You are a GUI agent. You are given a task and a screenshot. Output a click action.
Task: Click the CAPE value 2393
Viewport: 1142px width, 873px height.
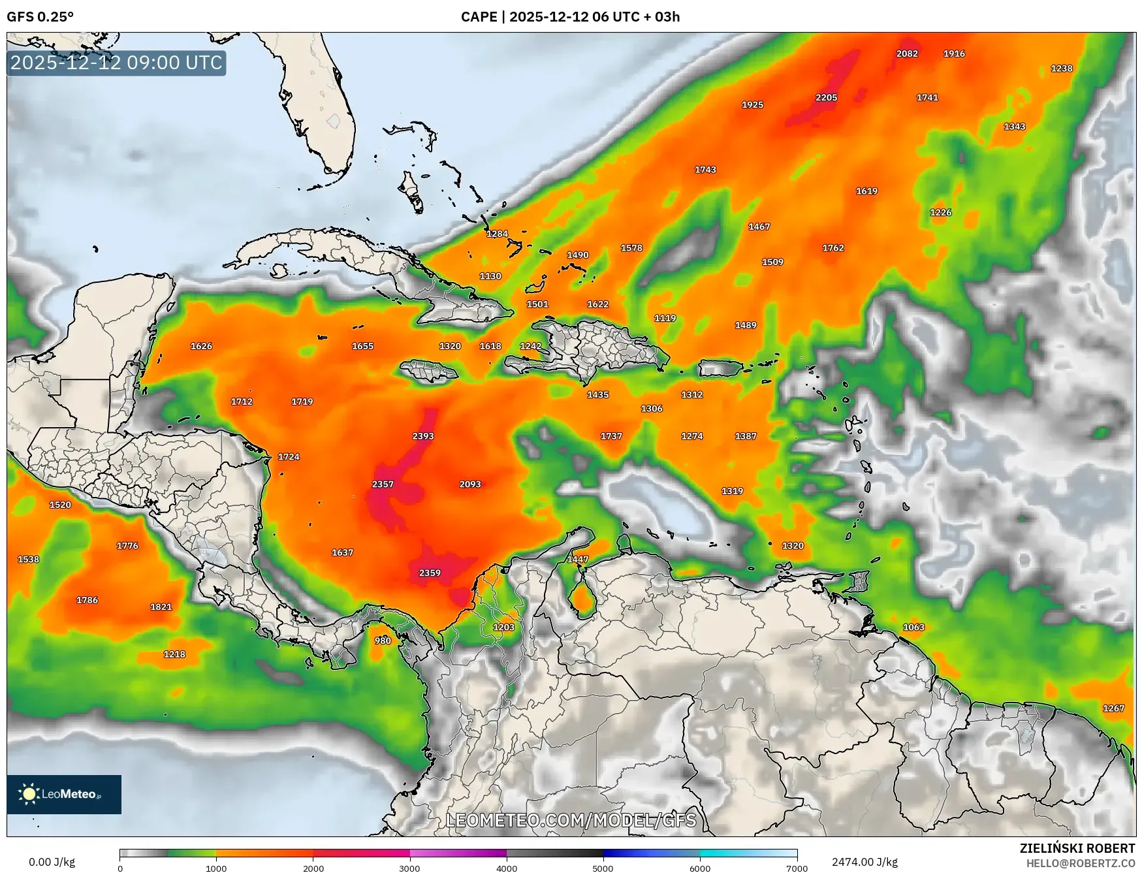pos(423,436)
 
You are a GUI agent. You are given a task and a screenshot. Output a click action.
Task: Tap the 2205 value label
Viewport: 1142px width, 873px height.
pos(826,98)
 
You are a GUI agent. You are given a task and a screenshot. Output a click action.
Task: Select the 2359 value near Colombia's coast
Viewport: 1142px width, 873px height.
pos(430,573)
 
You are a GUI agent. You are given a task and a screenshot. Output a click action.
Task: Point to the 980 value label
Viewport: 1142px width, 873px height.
pos(383,641)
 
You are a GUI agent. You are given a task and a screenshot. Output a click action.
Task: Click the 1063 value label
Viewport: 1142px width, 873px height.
pos(913,627)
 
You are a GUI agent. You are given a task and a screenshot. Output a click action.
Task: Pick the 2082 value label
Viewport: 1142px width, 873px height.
pos(907,54)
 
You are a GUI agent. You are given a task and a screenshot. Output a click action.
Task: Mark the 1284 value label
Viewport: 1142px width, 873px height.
pos(497,234)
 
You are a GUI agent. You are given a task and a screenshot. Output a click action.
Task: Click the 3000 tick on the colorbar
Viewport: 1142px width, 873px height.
pos(409,868)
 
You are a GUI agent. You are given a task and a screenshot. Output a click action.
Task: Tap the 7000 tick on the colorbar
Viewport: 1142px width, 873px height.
pos(797,868)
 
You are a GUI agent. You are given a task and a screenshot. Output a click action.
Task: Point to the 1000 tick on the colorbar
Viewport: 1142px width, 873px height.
pos(216,868)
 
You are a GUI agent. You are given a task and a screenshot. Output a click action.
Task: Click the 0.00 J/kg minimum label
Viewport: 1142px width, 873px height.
pos(52,862)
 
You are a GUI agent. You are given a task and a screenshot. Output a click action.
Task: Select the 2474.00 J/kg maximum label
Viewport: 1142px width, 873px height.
pos(864,862)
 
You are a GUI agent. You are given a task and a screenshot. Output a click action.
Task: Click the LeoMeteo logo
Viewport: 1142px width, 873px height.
pos(64,794)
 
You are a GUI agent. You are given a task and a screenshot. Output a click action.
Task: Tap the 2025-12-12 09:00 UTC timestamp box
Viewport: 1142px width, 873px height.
pos(116,63)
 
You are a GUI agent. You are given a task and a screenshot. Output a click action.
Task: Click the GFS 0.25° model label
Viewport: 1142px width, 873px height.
pos(40,17)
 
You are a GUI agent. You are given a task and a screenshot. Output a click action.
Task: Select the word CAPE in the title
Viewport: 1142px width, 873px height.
pos(479,17)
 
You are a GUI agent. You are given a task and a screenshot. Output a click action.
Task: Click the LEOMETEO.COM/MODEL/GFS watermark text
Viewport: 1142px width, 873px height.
pos(571,820)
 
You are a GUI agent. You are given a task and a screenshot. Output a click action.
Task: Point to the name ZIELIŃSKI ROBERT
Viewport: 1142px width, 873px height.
pos(1077,848)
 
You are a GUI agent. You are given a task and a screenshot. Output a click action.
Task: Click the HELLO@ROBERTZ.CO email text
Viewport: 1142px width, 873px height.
pos(1081,863)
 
